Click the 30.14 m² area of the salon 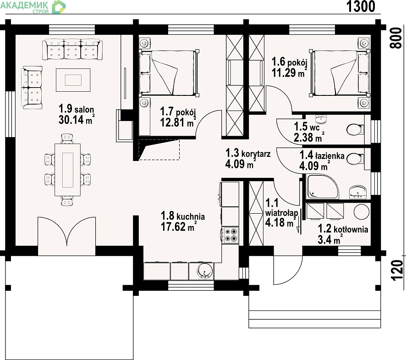(x=77, y=120)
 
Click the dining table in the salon (x=67, y=170)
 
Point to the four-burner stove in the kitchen (x=230, y=235)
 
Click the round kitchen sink (x=204, y=271)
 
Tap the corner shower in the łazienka (x=322, y=187)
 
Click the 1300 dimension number (x=361, y=6)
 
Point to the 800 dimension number (x=396, y=38)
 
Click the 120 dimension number (x=397, y=271)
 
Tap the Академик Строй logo (x=33, y=7)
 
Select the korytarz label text (x=256, y=154)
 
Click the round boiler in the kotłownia (x=362, y=212)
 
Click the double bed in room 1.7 (x=170, y=73)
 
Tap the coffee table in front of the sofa (x=73, y=80)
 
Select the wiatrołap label (x=281, y=213)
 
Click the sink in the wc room (x=321, y=119)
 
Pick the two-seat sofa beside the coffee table (x=32, y=87)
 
